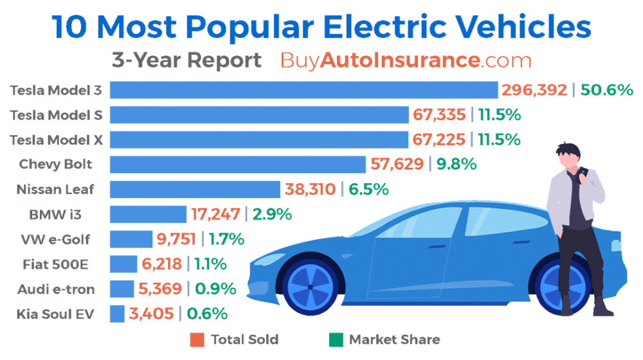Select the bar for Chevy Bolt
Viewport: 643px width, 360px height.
tap(237, 165)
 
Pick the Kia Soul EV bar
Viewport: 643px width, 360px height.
tap(117, 314)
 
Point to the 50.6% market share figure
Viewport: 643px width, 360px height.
tap(607, 90)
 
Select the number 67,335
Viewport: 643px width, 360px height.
tap(440, 115)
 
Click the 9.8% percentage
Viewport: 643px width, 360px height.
tap(457, 165)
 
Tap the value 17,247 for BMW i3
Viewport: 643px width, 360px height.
tap(216, 214)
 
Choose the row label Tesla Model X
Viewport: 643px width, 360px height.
tap(57, 139)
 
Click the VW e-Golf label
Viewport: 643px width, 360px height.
tap(57, 240)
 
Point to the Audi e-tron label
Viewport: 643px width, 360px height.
tap(57, 289)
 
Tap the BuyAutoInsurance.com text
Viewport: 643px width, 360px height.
tap(406, 61)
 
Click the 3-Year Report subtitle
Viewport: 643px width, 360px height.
tap(186, 61)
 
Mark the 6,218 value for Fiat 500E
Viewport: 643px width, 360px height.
tap(161, 264)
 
